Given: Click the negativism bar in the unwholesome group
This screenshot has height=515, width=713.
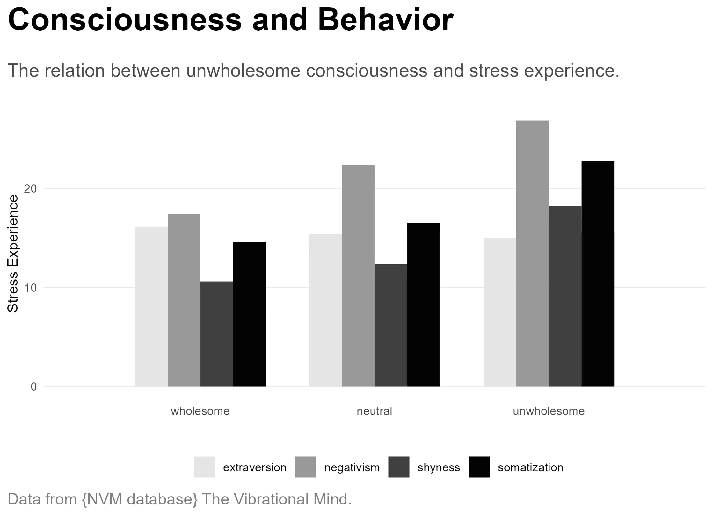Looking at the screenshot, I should (532, 254).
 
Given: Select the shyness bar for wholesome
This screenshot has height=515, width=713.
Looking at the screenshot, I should (217, 334).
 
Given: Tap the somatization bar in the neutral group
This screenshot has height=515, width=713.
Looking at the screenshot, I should (424, 305).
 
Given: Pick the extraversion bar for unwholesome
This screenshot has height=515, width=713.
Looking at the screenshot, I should (500, 312).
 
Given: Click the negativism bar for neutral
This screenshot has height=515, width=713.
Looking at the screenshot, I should (358, 276).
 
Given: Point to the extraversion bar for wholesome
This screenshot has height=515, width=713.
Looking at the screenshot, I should (151, 307).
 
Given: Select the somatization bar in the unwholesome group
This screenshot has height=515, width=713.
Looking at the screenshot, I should (598, 274).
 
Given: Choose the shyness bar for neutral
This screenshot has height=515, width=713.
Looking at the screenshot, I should (391, 325).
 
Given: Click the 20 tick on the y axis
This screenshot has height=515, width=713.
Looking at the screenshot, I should (31, 189).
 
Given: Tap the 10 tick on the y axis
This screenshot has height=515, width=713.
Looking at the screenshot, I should (31, 288).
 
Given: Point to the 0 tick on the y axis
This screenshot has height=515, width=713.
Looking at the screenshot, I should (34, 387).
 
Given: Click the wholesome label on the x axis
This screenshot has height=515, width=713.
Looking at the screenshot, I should (200, 411).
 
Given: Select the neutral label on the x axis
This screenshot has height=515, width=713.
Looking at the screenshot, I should (374, 411).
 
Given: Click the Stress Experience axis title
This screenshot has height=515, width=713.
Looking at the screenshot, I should (13, 254).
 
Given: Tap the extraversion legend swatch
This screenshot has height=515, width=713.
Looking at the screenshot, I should (204, 467).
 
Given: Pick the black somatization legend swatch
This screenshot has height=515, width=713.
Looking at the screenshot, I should (479, 467).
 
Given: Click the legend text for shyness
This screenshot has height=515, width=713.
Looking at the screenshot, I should (439, 467).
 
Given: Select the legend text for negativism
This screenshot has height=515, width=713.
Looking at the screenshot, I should (352, 467).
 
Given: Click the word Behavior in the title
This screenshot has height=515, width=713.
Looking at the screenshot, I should (386, 20).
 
